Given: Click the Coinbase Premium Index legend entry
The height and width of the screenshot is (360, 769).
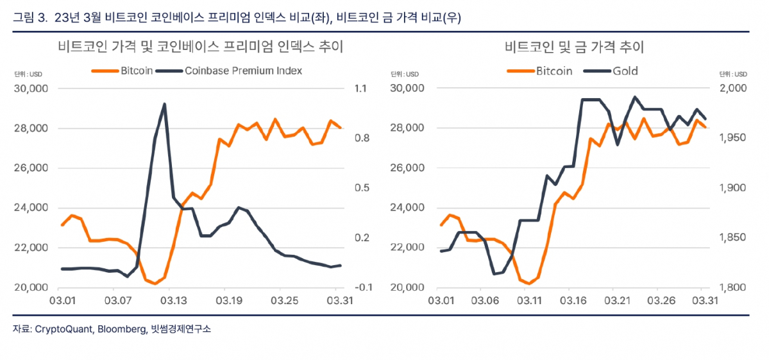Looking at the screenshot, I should coord(242,71).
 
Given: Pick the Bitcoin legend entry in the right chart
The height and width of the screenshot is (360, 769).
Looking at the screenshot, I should coord(554,71).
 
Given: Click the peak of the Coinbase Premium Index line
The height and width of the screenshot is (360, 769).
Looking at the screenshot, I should coord(165,104).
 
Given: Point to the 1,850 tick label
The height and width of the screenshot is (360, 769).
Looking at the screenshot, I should coord(733,237).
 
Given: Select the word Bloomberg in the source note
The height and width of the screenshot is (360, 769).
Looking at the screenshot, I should coord(118,329).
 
